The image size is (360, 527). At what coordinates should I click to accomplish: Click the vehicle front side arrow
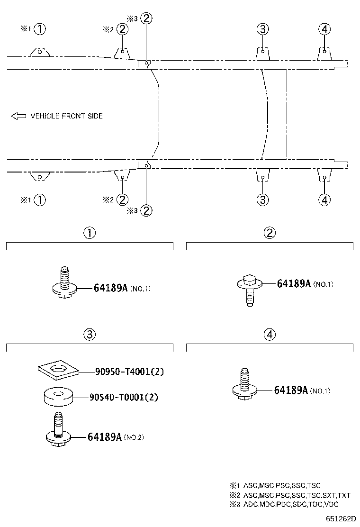click(x=18, y=116)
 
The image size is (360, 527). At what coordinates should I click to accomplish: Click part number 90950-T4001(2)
click(x=129, y=372)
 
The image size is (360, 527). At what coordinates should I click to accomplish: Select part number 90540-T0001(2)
click(x=124, y=397)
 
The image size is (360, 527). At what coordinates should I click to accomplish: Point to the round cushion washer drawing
click(x=59, y=397)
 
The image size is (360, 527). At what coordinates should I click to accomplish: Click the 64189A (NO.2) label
click(x=116, y=437)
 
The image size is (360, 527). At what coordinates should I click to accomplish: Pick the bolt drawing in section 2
click(x=250, y=290)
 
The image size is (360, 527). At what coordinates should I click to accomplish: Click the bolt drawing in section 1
click(x=65, y=282)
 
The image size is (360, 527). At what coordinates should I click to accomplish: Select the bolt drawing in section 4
click(x=245, y=384)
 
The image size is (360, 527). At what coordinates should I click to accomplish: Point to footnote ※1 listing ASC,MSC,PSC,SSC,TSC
click(x=275, y=485)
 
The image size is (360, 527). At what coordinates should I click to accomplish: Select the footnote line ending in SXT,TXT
click(x=290, y=495)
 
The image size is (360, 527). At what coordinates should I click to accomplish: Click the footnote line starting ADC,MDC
click(x=284, y=504)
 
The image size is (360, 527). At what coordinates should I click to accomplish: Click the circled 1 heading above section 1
click(x=90, y=233)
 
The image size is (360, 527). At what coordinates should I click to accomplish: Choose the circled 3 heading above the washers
click(x=90, y=335)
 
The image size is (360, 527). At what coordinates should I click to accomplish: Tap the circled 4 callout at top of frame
click(x=324, y=29)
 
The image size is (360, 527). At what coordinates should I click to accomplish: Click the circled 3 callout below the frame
click(x=262, y=200)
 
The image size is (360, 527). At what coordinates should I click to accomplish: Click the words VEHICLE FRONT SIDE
click(x=66, y=116)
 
